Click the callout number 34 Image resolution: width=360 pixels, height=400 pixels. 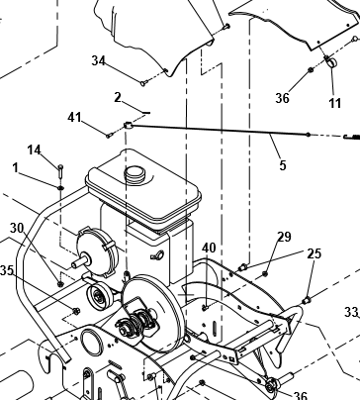pos(98,60)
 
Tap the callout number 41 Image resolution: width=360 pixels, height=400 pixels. pos(74,117)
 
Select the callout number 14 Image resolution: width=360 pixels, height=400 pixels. pos(34,150)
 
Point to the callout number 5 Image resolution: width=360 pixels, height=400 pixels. pos(283,165)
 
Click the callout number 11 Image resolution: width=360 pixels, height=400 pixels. pos(334,103)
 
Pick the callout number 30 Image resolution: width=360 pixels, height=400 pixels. pos(17,228)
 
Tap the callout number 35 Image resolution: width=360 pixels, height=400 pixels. pos(7,270)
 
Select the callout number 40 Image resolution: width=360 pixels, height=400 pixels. pos(209,248)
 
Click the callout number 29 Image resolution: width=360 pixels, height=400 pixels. pos(284,237)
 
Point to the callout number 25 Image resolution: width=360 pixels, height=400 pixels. pos(314,253)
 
